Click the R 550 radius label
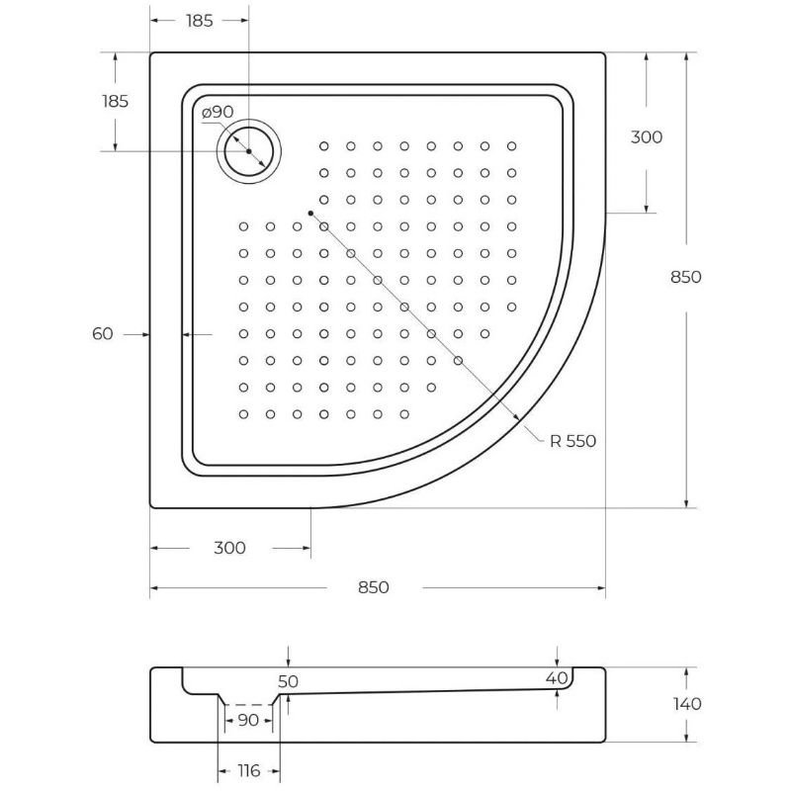click(573, 441)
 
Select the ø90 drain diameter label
click(218, 113)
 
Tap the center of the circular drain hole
click(249, 151)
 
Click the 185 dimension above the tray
click(199, 21)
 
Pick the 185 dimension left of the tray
click(115, 100)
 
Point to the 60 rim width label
click(103, 334)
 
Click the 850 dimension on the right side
click(685, 277)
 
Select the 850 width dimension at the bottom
click(373, 587)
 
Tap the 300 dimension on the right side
click(646, 137)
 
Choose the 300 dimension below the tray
click(229, 548)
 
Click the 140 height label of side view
click(685, 704)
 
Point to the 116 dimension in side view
click(248, 770)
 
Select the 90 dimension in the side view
click(248, 720)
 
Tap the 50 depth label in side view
click(288, 681)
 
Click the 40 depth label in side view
click(558, 677)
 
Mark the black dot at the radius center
click(310, 213)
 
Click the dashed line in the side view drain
click(248, 705)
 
